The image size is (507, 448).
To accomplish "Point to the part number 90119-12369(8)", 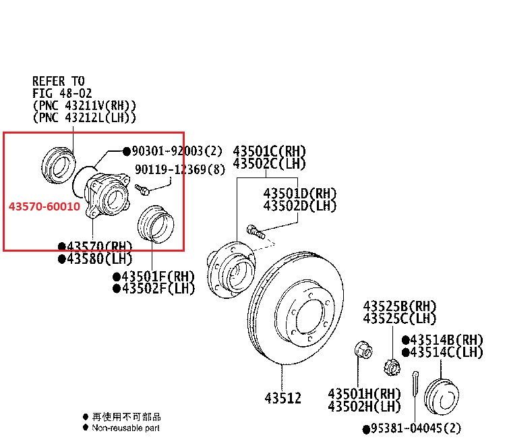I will (x=179, y=170).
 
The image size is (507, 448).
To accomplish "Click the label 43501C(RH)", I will (x=269, y=150).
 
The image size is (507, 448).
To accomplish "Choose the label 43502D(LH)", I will (x=299, y=205).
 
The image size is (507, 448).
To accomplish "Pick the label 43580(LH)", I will (x=95, y=259).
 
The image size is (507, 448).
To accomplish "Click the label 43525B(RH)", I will (x=400, y=306).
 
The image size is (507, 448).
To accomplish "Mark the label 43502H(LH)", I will (x=365, y=406).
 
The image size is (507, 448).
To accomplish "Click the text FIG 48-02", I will (x=62, y=93).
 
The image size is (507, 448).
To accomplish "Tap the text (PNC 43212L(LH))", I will (x=84, y=117).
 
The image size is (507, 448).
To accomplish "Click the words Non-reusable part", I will (x=126, y=428).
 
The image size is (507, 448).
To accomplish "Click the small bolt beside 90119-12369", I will (x=143, y=188).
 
